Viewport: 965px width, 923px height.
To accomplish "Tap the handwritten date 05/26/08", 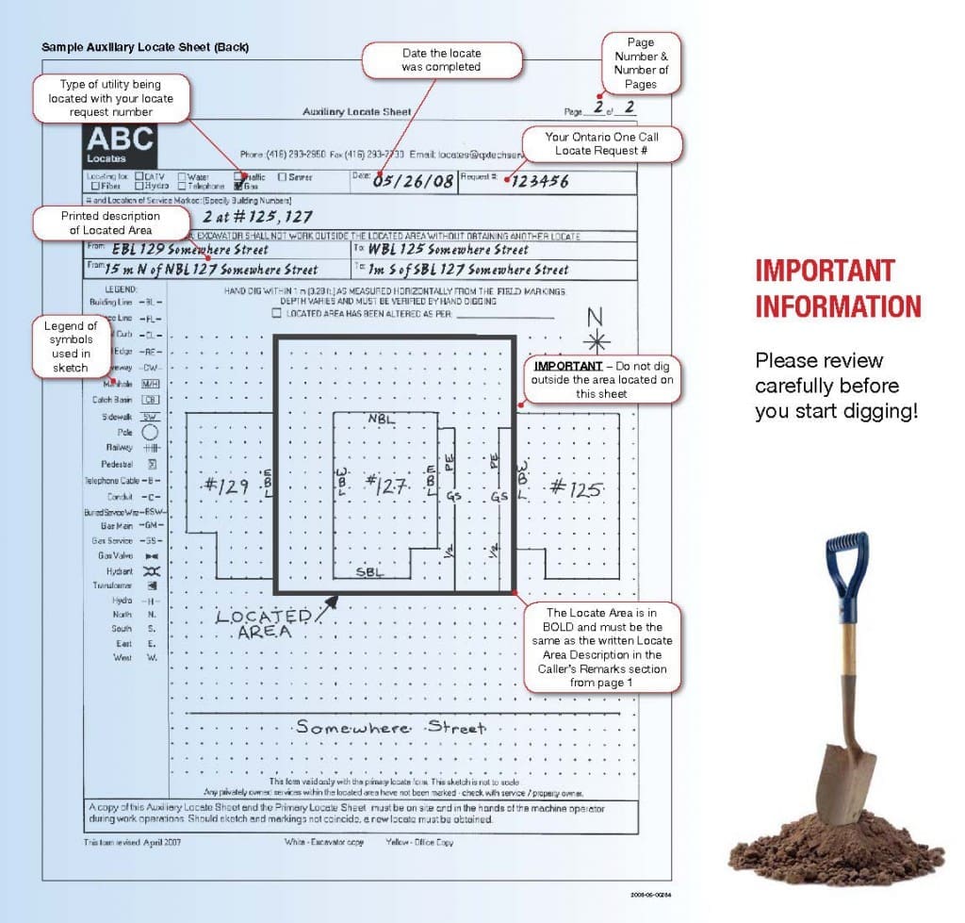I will pos(414,180).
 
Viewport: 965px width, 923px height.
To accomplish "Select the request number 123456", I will pos(540,181).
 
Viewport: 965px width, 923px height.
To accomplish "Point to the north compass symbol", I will pos(599,340).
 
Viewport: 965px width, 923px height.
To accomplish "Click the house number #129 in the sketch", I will pos(225,486).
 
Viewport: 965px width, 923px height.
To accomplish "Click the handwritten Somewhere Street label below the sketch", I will pos(390,727).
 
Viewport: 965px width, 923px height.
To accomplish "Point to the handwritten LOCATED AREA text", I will pos(263,624).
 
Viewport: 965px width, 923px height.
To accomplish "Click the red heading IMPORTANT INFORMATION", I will pos(838,288).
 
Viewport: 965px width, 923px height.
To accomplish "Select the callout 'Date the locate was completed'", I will pos(441,60).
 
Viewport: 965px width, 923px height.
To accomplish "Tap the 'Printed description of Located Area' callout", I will pos(110,223).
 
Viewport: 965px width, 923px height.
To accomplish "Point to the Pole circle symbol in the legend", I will pos(150,433).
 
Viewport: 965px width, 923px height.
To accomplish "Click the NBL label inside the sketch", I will pos(382,418).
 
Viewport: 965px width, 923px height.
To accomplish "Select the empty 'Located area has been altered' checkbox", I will pos(276,313).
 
